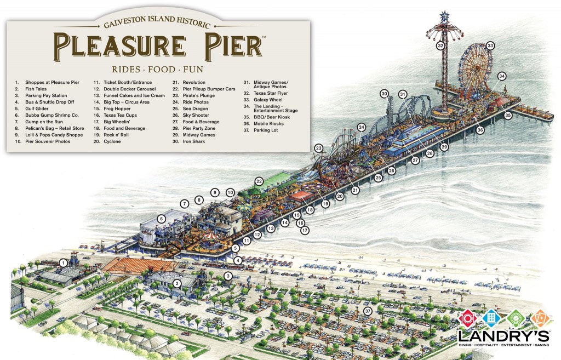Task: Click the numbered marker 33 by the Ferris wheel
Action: pyautogui.click(x=490, y=45)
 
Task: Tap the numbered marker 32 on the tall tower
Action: pyautogui.click(x=440, y=46)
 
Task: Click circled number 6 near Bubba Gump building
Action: pyautogui.click(x=162, y=219)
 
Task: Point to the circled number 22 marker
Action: pyautogui.click(x=259, y=181)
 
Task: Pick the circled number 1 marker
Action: pyautogui.click(x=64, y=263)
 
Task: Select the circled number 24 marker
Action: pyautogui.click(x=361, y=127)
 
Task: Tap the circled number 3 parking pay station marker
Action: pyautogui.click(x=227, y=275)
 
